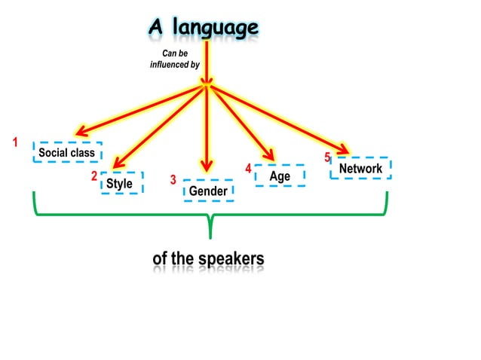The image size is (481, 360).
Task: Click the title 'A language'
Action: [203, 28]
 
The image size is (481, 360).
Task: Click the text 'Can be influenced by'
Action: [175, 59]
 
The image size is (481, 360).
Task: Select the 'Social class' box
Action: [68, 153]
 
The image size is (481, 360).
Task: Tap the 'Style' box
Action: [120, 183]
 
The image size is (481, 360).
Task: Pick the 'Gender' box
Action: [208, 191]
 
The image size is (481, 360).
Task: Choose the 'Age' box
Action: [280, 176]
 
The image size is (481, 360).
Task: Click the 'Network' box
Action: [360, 168]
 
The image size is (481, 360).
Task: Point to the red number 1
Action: [14, 142]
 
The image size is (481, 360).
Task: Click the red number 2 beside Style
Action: [94, 176]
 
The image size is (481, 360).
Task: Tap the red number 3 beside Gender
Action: [173, 181]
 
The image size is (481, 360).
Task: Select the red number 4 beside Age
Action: [248, 167]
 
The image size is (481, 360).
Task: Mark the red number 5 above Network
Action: [327, 157]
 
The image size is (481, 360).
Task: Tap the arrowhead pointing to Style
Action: [117, 163]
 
